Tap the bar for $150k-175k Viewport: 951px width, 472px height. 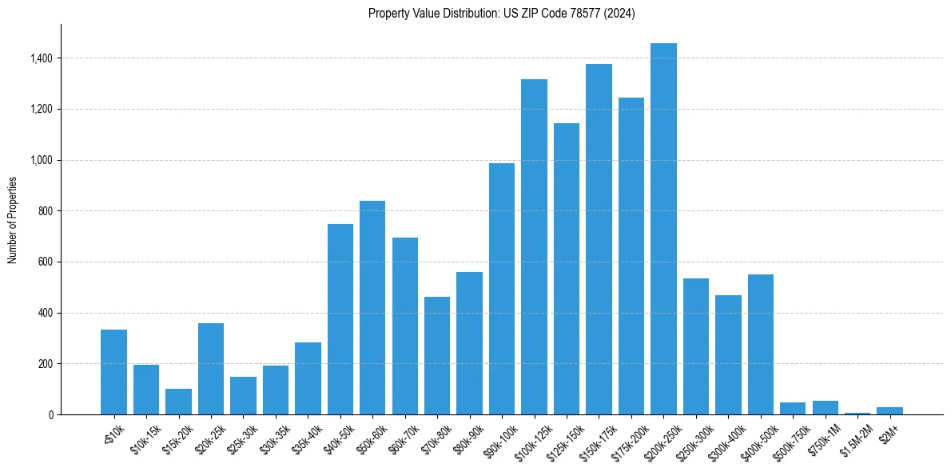(599, 239)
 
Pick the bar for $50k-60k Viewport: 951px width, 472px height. (372, 307)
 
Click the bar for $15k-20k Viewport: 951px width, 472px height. (178, 402)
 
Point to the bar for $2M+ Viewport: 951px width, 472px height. (889, 410)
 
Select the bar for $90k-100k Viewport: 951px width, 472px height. (502, 289)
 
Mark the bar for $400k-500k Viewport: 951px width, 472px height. (760, 344)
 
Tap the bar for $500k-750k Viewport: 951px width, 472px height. (793, 408)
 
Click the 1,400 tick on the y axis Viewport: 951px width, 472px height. (42, 58)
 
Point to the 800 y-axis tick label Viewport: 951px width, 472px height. (46, 211)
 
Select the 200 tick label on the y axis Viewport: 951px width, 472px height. (46, 364)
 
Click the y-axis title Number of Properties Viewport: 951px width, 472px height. (12, 219)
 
